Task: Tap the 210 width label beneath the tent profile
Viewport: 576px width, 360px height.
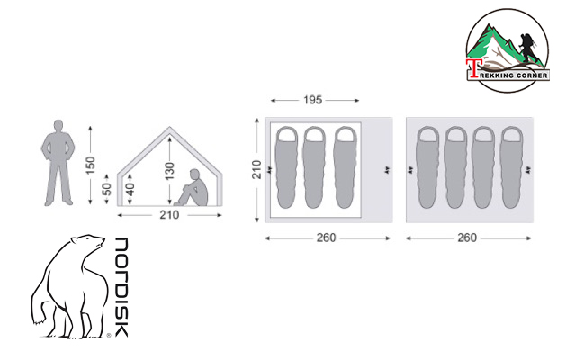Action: (169, 214)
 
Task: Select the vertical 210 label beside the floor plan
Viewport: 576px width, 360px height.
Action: (257, 169)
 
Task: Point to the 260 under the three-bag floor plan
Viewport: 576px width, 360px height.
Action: (326, 238)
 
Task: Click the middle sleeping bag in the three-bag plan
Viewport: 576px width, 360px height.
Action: (314, 169)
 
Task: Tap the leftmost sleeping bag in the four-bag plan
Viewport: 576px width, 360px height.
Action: (428, 169)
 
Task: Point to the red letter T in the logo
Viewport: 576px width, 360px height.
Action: (472, 69)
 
